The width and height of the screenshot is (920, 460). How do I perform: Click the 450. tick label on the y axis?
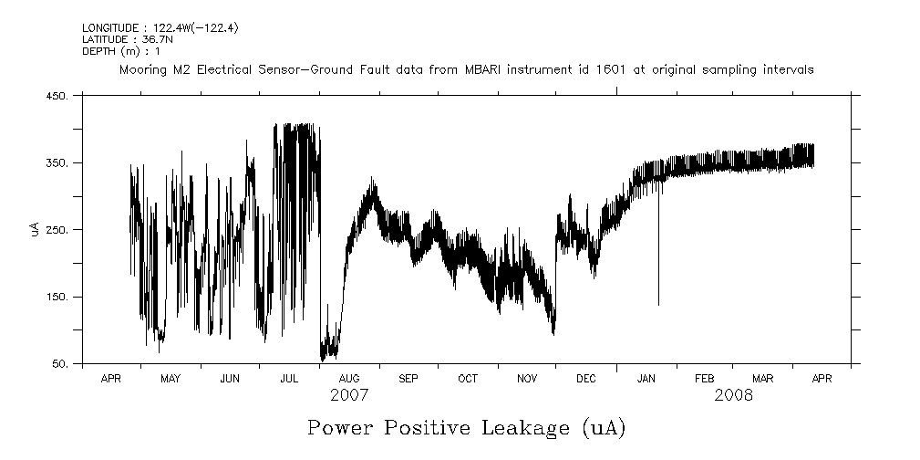click(x=57, y=97)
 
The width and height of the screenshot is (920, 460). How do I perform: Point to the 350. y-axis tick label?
click(x=57, y=163)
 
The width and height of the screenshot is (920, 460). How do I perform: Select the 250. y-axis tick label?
click(x=57, y=230)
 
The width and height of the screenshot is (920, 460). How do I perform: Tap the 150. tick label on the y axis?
click(x=57, y=298)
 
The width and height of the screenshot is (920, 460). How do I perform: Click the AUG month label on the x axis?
click(x=349, y=378)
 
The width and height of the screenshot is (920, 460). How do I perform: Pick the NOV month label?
click(x=527, y=378)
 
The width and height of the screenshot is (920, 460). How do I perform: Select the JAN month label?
click(x=646, y=378)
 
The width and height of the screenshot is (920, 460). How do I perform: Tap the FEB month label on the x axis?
click(x=705, y=378)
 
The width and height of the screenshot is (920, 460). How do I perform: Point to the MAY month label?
click(x=171, y=378)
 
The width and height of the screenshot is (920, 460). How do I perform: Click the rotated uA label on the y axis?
click(x=34, y=230)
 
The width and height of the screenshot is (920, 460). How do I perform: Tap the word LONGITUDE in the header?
click(x=111, y=29)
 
